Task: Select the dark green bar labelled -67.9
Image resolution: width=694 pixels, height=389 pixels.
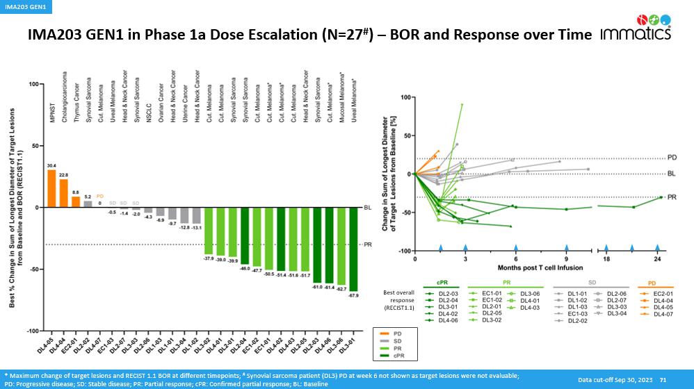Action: pyautogui.click(x=354, y=249)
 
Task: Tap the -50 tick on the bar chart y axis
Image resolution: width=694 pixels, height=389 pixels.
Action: pyautogui.click(x=33, y=270)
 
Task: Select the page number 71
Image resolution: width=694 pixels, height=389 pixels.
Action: pyautogui.click(x=663, y=379)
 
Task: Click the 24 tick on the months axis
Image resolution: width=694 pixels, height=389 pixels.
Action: pyautogui.click(x=657, y=258)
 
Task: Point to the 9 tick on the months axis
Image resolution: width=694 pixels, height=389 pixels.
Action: pyautogui.click(x=567, y=258)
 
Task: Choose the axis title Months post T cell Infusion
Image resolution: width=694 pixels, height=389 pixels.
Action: pyautogui.click(x=540, y=267)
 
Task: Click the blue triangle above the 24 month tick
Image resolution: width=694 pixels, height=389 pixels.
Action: pyautogui.click(x=657, y=247)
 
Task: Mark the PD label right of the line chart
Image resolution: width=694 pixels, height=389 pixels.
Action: pyautogui.click(x=672, y=158)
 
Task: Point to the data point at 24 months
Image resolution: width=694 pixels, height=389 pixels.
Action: pyautogui.click(x=660, y=197)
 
